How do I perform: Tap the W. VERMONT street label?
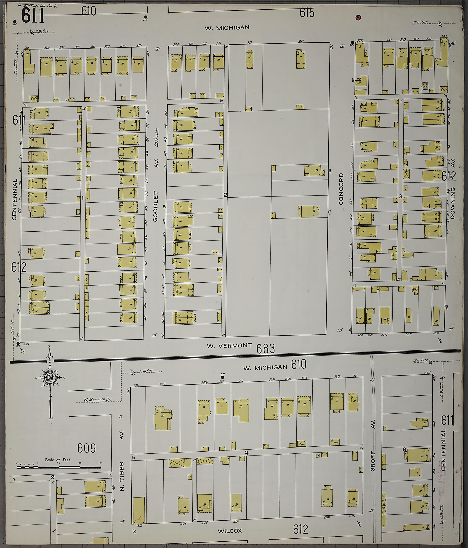[229, 345]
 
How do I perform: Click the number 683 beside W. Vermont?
[266, 349]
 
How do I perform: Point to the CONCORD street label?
[341, 189]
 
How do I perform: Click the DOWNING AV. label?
[453, 196]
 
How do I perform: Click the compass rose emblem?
[49, 378]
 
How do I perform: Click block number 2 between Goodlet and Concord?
[225, 195]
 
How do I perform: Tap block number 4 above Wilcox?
[246, 453]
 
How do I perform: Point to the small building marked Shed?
[335, 442]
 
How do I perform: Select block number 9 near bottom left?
[53, 477]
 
